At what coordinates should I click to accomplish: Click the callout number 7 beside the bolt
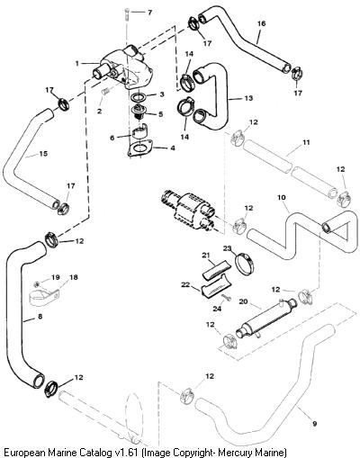click(149, 13)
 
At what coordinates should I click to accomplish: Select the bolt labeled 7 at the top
click(125, 14)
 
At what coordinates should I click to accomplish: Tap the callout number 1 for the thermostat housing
click(77, 63)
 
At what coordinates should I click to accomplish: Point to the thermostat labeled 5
click(139, 112)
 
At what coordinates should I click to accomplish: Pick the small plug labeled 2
click(105, 92)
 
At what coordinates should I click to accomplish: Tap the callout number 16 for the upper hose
click(261, 23)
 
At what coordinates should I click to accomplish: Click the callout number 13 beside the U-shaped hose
click(248, 98)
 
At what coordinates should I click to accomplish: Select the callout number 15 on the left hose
click(43, 154)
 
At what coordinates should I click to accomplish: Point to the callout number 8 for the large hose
click(40, 316)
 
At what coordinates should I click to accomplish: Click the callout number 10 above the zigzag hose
click(282, 197)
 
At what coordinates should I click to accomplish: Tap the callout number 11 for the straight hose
click(306, 142)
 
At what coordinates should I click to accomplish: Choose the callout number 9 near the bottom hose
click(314, 424)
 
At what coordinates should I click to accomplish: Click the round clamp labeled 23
click(245, 263)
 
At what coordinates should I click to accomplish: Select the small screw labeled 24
click(226, 297)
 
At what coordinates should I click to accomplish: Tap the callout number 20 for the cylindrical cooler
click(243, 301)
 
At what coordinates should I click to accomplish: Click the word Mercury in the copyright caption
click(236, 452)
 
